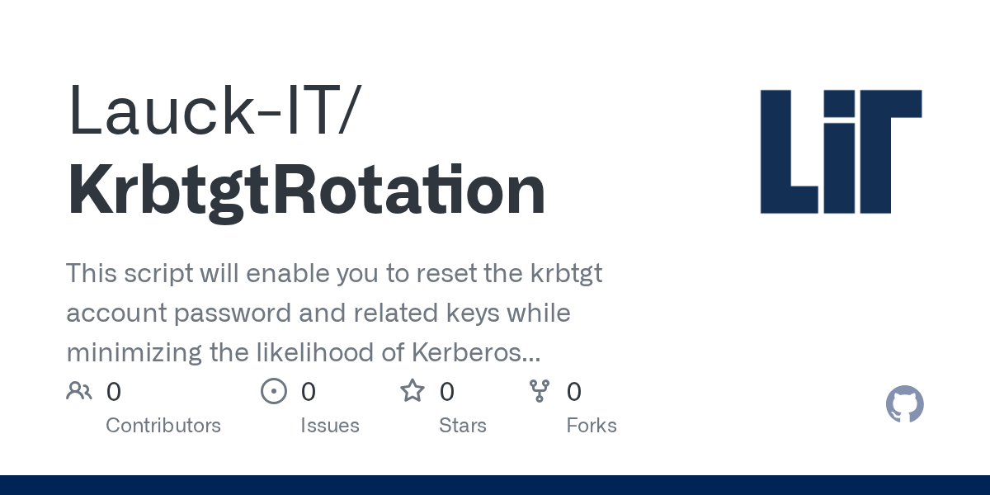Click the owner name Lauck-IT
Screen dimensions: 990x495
tap(211, 110)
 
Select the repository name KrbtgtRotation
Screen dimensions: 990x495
tap(306, 191)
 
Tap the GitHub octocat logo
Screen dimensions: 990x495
tap(905, 404)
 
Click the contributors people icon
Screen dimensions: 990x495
tap(79, 391)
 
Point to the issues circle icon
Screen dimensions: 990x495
tap(274, 391)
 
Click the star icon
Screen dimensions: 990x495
tap(412, 391)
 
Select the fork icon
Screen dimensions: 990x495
tap(540, 391)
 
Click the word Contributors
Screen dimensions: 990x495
tap(163, 426)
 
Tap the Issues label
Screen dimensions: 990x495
tap(330, 426)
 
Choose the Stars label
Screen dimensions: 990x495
tap(463, 426)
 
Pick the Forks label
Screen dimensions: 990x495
tap(592, 426)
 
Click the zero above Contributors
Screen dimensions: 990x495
tap(114, 392)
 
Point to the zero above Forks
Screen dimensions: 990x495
tap(574, 392)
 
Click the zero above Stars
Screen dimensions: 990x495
tap(447, 392)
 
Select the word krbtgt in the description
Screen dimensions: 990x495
tap(566, 274)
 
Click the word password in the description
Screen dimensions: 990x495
tap(233, 313)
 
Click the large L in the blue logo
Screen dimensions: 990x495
tap(789, 152)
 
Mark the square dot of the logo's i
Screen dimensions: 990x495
tap(839, 102)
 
